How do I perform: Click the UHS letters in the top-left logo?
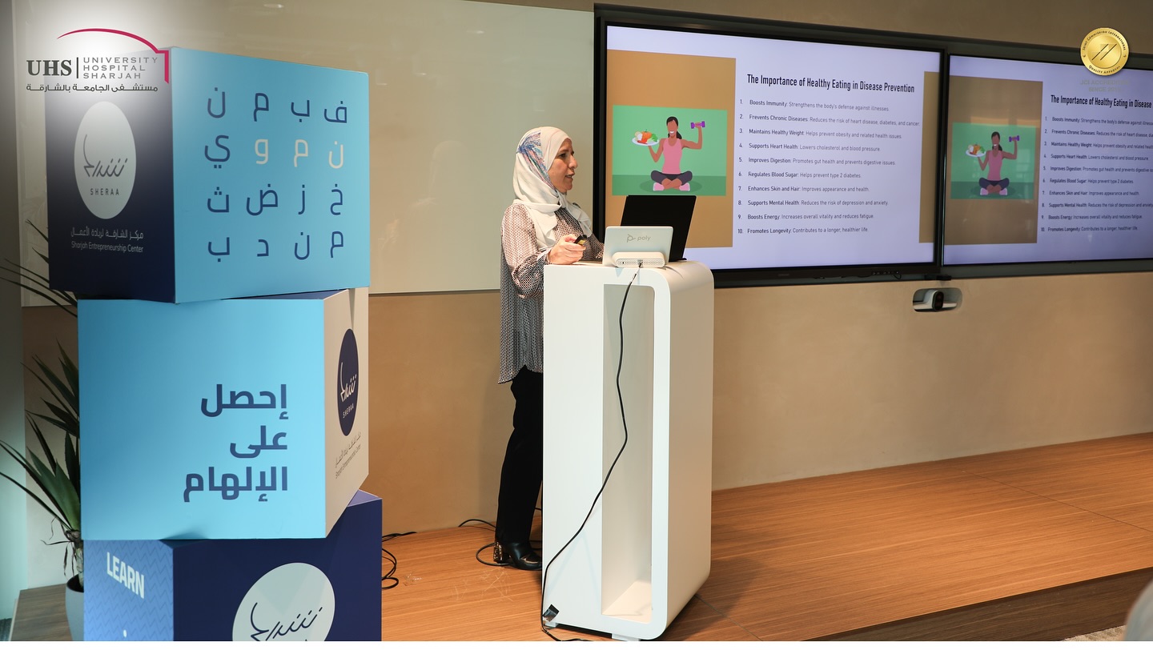[48, 68]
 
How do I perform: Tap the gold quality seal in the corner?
[1104, 50]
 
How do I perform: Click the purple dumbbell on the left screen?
[696, 125]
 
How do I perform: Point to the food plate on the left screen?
[645, 138]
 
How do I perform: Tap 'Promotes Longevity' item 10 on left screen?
[769, 231]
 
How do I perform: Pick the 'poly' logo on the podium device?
[637, 238]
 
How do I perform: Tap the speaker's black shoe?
[517, 555]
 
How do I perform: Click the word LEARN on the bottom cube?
[126, 575]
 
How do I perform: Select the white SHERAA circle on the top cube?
[105, 160]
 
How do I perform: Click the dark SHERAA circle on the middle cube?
[348, 383]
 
